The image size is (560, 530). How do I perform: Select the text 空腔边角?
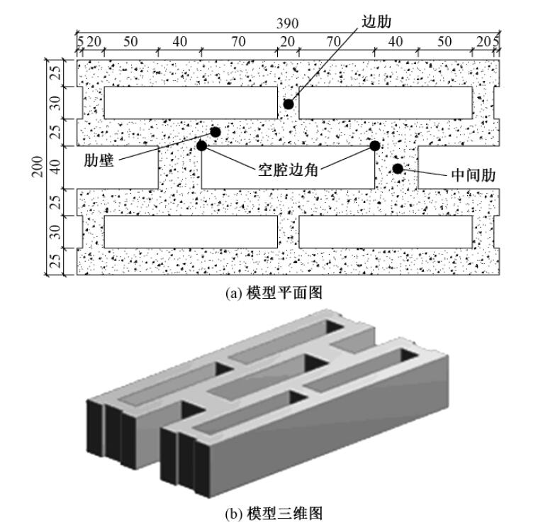(x=287, y=170)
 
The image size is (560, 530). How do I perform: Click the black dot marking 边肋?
(x=289, y=104)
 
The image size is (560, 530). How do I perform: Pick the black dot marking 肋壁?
(x=215, y=132)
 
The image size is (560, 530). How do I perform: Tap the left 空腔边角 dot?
(x=202, y=146)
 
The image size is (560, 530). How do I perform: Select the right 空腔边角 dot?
(x=375, y=146)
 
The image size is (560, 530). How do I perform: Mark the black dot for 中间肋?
(x=398, y=168)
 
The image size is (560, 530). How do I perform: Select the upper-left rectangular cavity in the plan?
(x=190, y=103)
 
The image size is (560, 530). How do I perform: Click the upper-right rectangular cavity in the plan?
(x=386, y=103)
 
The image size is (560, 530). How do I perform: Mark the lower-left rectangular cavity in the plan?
(x=190, y=231)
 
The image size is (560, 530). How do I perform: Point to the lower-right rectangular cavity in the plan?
(x=386, y=231)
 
